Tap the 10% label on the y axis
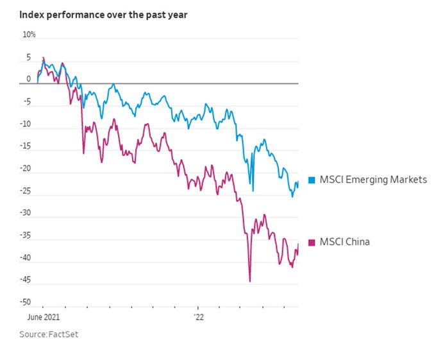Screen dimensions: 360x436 coord(29,35)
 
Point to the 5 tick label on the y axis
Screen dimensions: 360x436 coord(28,58)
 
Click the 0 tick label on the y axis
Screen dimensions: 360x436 coord(28,80)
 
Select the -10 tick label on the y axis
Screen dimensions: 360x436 coord(26,125)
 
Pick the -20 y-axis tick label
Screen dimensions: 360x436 coord(26,169)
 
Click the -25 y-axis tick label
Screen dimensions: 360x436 coord(26,191)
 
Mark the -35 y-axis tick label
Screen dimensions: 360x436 coord(26,236)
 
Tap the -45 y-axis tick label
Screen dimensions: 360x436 coord(26,280)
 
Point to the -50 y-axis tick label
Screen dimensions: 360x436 coord(26,302)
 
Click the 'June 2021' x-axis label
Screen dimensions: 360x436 coord(42,317)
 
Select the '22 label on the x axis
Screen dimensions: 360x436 coord(200,317)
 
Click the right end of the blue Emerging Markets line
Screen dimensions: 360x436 coord(298,183)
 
